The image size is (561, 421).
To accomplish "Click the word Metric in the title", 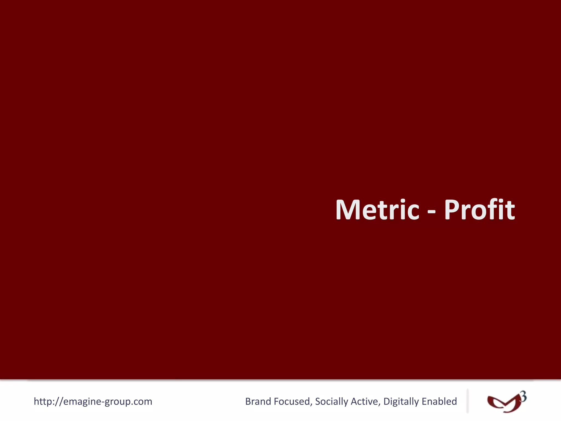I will click(x=377, y=210).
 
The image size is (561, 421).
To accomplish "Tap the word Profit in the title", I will click(x=479, y=210).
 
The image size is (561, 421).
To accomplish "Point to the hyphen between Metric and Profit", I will click(x=431, y=212).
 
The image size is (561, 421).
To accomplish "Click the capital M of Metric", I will click(x=346, y=210).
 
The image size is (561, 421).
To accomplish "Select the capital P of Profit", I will click(x=452, y=210).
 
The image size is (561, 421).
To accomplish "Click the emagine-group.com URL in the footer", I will click(x=93, y=402).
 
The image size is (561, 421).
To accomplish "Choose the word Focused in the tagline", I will click(x=293, y=402).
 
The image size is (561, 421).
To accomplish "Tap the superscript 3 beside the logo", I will click(x=523, y=397).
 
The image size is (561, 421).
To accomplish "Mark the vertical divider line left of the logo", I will click(x=467, y=401).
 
